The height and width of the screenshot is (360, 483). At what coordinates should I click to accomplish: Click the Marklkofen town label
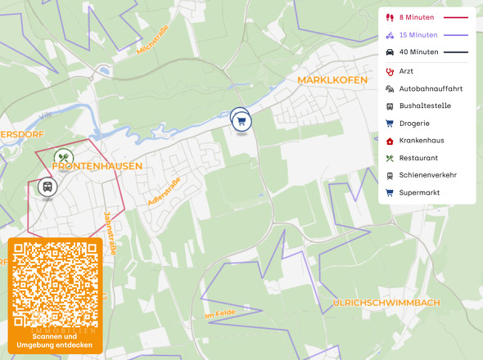click(x=333, y=80)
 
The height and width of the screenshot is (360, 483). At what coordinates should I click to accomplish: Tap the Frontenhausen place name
click(x=97, y=166)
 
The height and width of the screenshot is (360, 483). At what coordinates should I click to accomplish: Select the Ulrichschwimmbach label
click(x=386, y=303)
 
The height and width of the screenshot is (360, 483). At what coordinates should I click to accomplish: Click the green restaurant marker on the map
click(x=64, y=158)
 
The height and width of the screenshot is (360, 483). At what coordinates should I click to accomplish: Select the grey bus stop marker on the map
click(x=48, y=187)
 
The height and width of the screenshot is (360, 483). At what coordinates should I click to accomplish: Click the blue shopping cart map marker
click(x=241, y=122)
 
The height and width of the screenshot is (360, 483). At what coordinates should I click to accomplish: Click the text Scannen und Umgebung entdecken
click(x=56, y=340)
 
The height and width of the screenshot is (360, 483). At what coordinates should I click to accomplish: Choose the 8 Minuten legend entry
click(x=417, y=17)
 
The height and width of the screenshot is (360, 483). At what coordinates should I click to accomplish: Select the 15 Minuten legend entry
click(x=418, y=35)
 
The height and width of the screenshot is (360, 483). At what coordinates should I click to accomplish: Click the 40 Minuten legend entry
click(x=418, y=52)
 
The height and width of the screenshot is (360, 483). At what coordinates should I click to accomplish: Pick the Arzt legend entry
click(x=406, y=71)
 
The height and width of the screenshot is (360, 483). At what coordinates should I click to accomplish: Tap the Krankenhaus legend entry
click(x=422, y=141)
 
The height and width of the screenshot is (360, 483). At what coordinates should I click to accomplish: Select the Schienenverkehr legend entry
click(x=427, y=175)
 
